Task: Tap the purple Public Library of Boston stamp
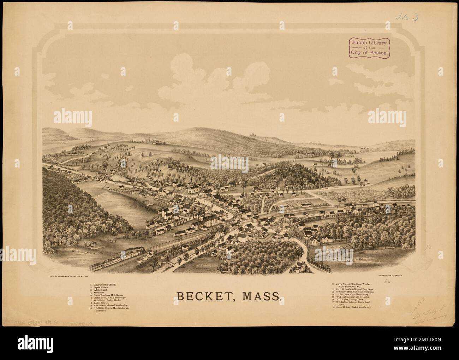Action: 369,48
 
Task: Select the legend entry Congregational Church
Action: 106,284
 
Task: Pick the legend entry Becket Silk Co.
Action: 104,302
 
